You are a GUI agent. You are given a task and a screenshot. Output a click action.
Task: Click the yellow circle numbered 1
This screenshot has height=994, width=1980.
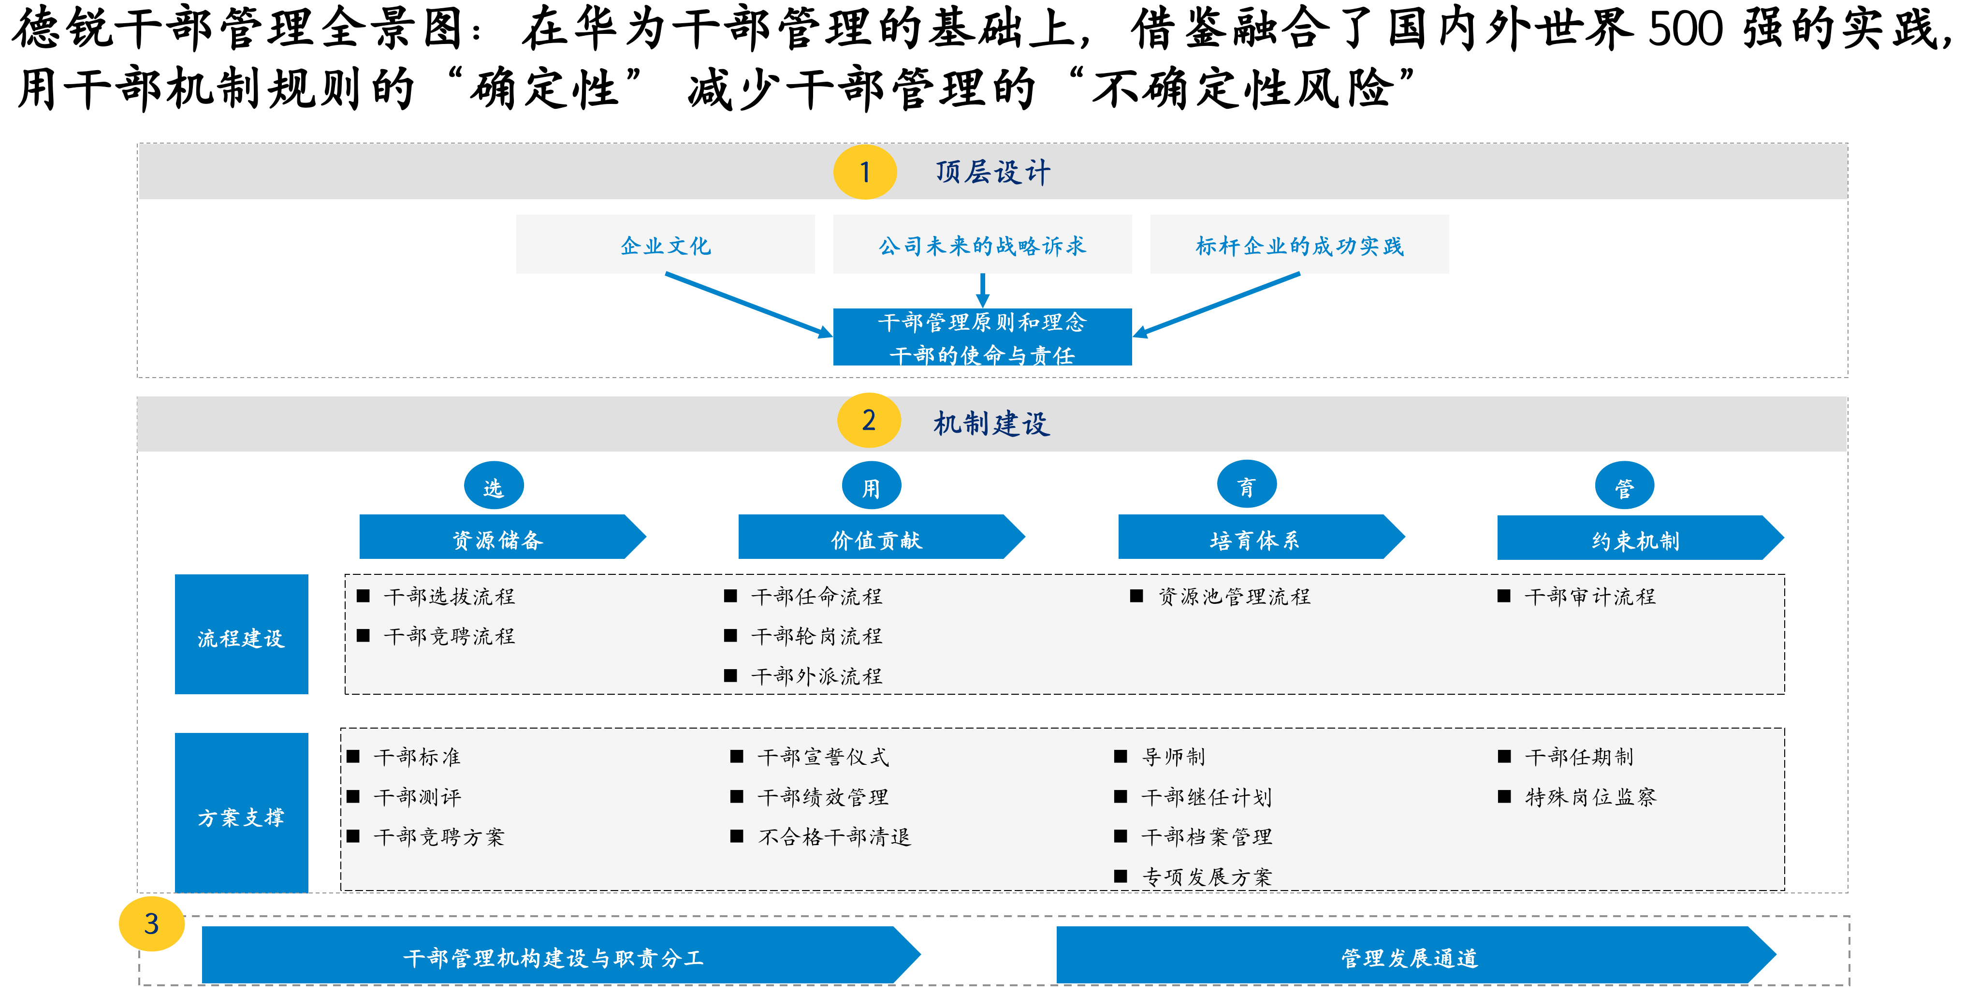point(865,172)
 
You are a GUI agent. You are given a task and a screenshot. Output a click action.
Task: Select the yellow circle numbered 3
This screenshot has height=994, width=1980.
point(151,923)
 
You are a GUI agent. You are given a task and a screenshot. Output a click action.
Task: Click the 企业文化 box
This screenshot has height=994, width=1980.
point(666,245)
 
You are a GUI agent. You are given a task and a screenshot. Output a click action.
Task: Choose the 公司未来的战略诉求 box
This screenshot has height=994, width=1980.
point(982,245)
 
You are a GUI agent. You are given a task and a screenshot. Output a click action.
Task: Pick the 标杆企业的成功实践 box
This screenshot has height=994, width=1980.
point(1299,245)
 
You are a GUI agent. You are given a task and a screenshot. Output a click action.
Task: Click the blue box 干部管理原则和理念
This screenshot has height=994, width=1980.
point(982,336)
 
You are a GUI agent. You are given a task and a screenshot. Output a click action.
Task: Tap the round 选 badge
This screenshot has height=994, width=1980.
point(494,486)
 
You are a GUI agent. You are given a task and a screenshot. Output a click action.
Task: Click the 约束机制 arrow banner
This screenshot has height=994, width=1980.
point(1640,537)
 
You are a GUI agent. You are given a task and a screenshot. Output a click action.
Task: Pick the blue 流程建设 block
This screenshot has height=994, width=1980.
point(241,634)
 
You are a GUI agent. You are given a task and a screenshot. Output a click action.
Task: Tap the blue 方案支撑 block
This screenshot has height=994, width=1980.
point(241,813)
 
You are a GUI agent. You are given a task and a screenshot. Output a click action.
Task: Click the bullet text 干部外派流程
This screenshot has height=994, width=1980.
point(816,676)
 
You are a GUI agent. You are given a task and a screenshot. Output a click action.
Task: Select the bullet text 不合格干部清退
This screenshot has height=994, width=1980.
point(834,836)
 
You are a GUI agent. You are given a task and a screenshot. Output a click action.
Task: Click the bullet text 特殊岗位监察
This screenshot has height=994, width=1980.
point(1590,796)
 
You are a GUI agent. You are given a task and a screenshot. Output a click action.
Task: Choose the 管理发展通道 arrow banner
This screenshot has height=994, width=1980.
point(1416,955)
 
